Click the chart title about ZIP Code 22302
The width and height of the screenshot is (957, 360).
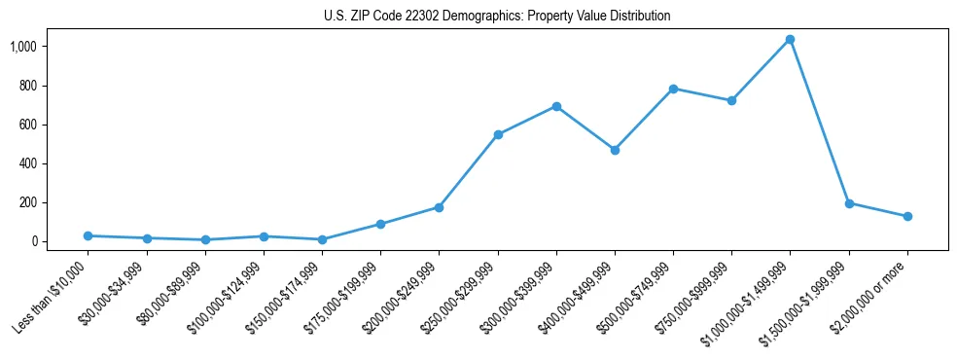[497, 17]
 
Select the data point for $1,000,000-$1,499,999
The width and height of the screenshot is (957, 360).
[791, 40]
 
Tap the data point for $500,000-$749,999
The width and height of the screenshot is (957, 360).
[673, 89]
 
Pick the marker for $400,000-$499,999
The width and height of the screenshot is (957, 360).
[615, 150]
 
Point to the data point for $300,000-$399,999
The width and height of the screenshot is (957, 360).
[556, 106]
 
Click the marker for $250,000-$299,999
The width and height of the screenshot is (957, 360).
[498, 134]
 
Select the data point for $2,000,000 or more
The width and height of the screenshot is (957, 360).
[907, 216]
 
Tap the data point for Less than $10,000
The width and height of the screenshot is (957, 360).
[88, 235]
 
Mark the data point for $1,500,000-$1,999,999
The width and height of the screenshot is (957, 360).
[849, 203]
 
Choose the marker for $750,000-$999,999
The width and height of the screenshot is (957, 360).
[731, 100]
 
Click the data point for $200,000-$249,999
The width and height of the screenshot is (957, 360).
[439, 207]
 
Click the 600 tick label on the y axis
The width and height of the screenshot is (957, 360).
[26, 125]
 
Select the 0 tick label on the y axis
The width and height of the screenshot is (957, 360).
[33, 241]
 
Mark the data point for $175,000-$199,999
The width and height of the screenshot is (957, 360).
[380, 224]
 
